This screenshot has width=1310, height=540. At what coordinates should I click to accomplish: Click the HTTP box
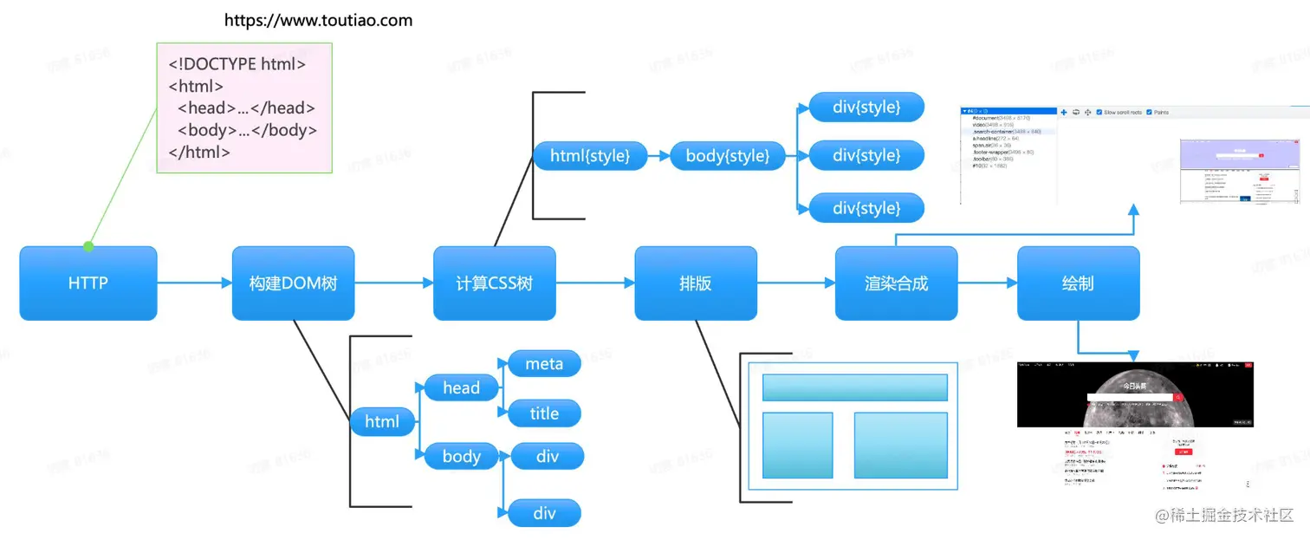88,283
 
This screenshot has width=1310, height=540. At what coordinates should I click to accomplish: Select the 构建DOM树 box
293,283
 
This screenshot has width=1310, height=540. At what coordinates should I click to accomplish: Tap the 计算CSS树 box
494,283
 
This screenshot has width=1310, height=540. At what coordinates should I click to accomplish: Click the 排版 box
695,283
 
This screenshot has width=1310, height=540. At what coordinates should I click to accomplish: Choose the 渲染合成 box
896,283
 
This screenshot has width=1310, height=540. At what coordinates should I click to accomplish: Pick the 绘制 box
1077,283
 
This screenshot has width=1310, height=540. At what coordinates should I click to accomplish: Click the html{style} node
589,156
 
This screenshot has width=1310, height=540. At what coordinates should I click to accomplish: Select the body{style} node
727,156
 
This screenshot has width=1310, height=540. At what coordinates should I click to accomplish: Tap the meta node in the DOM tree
544,364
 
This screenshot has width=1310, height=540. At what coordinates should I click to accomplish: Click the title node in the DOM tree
544,413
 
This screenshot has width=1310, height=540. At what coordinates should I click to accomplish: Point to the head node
461,387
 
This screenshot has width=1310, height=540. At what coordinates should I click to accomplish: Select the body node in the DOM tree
461,456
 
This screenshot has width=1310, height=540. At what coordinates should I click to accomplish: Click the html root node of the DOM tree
382,421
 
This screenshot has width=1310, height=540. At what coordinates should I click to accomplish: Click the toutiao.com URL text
318,20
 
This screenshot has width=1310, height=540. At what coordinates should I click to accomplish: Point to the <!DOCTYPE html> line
237,64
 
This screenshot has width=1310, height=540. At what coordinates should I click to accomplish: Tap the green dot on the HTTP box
88,247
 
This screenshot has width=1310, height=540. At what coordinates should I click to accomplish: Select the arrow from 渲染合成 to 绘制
987,283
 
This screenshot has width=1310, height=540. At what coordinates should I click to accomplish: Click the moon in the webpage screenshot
1134,394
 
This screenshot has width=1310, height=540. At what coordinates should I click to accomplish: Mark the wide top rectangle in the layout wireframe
854,387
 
